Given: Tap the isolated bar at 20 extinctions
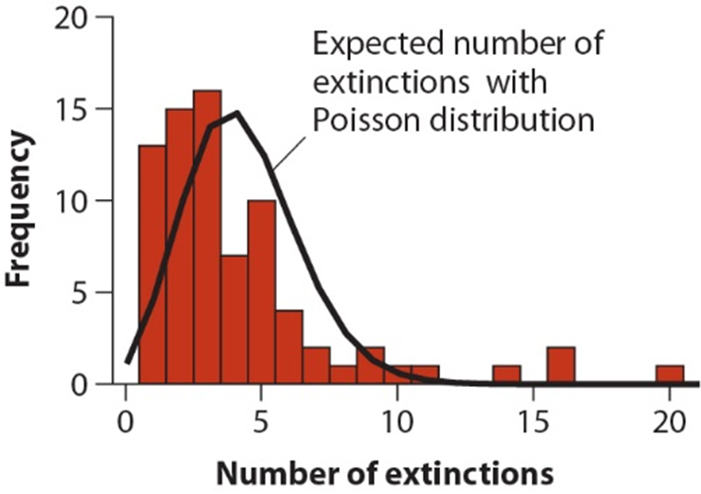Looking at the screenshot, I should point(670,375).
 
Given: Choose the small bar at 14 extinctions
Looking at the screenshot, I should point(507,375).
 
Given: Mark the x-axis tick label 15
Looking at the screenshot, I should point(533,414).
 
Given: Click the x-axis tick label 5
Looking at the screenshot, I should point(262,414).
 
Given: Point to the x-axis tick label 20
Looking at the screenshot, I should point(670,414).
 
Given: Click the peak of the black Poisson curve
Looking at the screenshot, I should point(236,113).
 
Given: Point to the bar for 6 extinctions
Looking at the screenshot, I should point(288,347).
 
